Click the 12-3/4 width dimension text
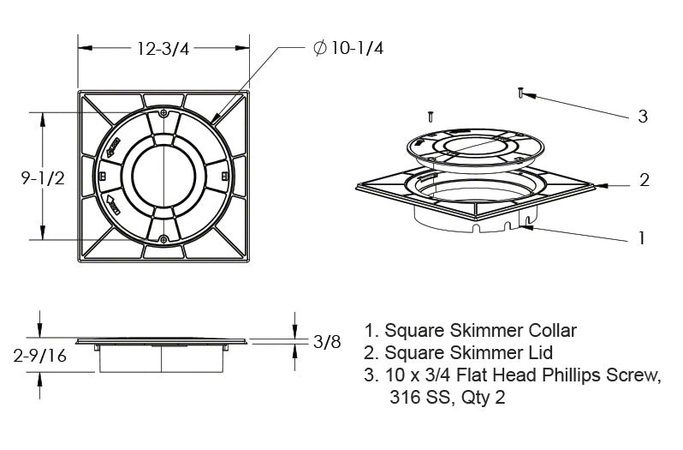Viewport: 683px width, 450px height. click(x=163, y=48)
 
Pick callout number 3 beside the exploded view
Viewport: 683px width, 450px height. click(x=643, y=117)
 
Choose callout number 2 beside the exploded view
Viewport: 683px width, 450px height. click(x=644, y=181)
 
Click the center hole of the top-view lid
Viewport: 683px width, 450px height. click(x=163, y=176)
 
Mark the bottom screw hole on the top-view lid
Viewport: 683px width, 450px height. click(x=163, y=239)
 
